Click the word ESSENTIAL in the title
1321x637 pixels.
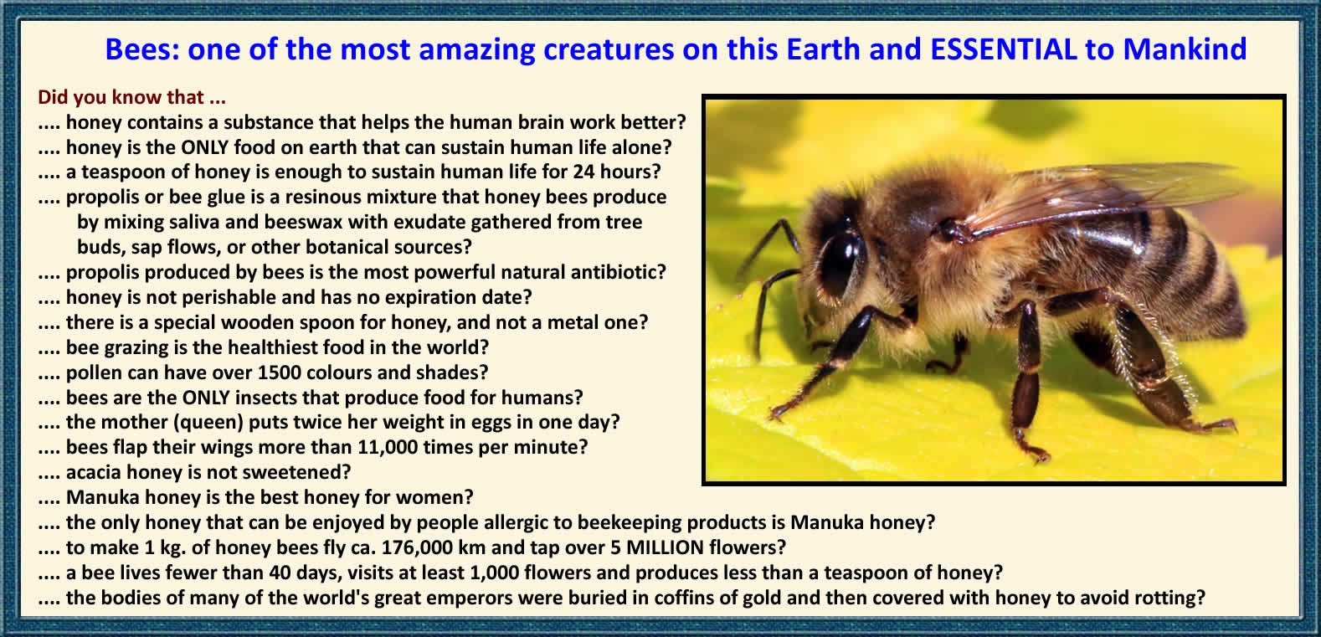(x=1003, y=49)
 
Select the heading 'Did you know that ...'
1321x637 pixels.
(x=131, y=97)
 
